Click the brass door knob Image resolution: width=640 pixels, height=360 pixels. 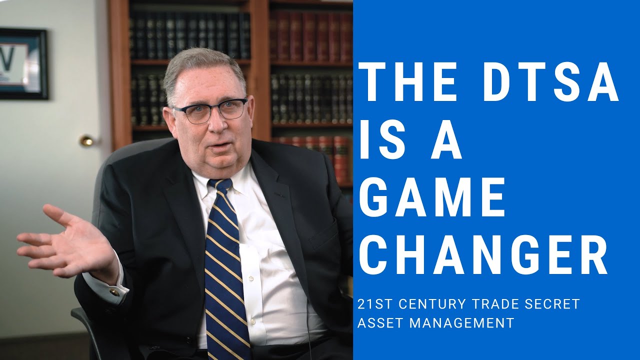click(x=87, y=141)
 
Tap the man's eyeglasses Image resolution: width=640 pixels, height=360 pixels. click(x=210, y=110)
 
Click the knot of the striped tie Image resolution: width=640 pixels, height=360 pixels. click(x=219, y=186)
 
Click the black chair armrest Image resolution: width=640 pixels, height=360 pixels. click(x=80, y=320)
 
